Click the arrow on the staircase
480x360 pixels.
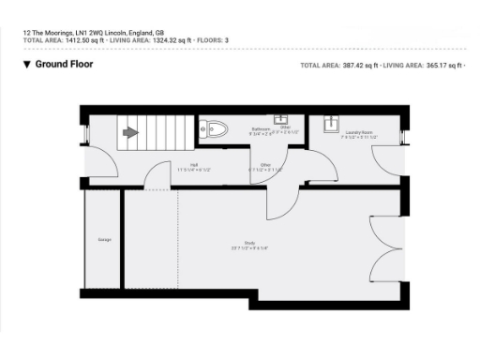click(x=131, y=133)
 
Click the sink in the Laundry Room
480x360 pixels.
click(x=330, y=124)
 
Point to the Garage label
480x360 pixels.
click(x=104, y=239)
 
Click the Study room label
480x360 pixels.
click(x=250, y=243)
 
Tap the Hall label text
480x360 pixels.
click(x=194, y=165)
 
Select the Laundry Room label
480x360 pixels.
click(x=359, y=133)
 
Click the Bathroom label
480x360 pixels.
click(x=261, y=128)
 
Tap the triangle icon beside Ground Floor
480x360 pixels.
click(x=26, y=65)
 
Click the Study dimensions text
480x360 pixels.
click(x=250, y=248)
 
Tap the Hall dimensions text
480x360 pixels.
click(x=194, y=170)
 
